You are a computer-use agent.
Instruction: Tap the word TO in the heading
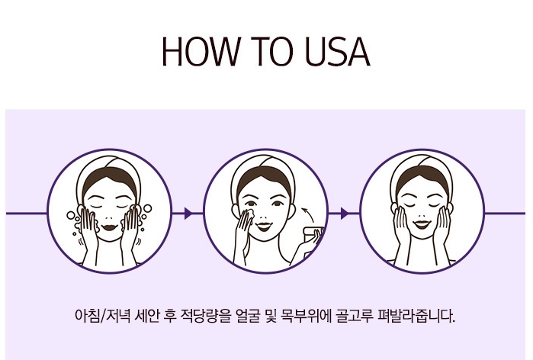271,51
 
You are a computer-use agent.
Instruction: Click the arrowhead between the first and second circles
188,214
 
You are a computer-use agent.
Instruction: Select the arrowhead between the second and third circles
345,214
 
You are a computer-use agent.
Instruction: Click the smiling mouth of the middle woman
264,226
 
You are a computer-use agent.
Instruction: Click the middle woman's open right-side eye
278,204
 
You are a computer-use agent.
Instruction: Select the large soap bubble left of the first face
71,215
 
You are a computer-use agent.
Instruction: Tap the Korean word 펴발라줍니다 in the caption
416,316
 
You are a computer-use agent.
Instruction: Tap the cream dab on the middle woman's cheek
249,213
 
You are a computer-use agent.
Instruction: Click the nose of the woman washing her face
110,217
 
